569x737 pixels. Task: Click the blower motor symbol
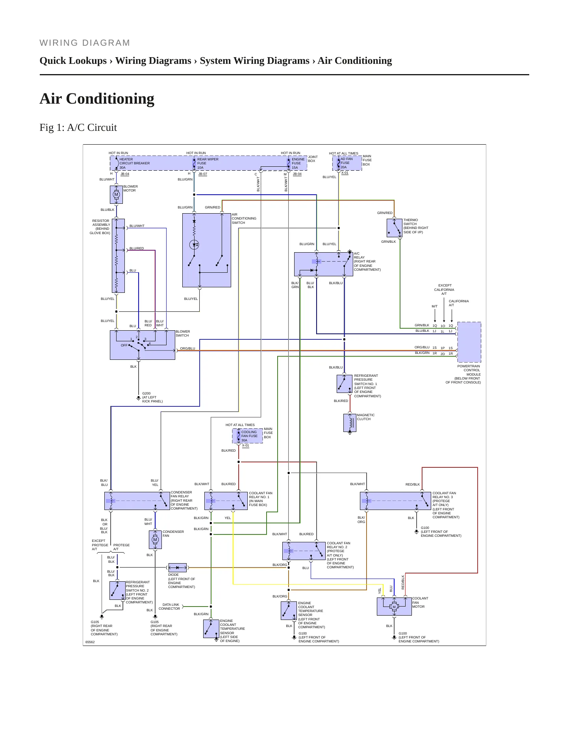[116, 194]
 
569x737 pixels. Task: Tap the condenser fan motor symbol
[155, 540]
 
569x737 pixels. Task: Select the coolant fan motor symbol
[394, 607]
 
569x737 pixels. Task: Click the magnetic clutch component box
[350, 422]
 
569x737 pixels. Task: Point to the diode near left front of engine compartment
[178, 568]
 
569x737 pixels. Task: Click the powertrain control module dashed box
[469, 342]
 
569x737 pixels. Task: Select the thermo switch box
[394, 228]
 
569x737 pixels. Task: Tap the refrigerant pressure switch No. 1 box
[345, 384]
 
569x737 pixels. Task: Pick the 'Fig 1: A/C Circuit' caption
[78, 128]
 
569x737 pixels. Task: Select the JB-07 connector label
[202, 174]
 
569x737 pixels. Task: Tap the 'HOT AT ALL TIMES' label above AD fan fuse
[344, 153]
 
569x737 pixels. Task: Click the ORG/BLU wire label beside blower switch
[187, 348]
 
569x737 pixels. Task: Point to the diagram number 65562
[90, 642]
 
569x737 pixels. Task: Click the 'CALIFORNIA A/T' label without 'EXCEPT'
[459, 303]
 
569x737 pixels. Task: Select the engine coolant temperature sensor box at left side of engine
[211, 629]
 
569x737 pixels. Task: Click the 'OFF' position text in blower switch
[124, 345]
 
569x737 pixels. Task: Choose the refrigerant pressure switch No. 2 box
[117, 590]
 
